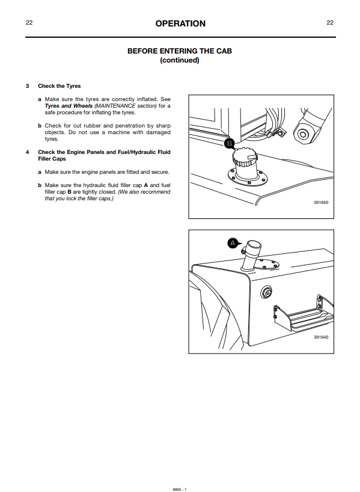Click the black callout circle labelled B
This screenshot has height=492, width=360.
click(229, 143)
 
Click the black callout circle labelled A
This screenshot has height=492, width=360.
click(233, 243)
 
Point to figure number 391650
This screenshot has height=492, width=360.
click(321, 202)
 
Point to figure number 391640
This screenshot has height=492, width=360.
click(321, 337)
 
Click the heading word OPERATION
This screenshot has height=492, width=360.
click(180, 23)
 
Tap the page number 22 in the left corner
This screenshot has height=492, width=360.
click(29, 23)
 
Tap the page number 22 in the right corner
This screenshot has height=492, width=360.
click(330, 23)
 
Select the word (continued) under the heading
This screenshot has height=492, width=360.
click(180, 60)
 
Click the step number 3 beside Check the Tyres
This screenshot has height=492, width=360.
click(27, 86)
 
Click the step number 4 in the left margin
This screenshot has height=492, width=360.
click(27, 152)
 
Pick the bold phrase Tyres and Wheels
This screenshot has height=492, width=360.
click(69, 106)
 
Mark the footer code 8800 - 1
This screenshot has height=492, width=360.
click(180, 489)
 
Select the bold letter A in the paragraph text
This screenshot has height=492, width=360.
click(146, 185)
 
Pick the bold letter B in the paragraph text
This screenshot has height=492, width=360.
click(69, 192)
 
